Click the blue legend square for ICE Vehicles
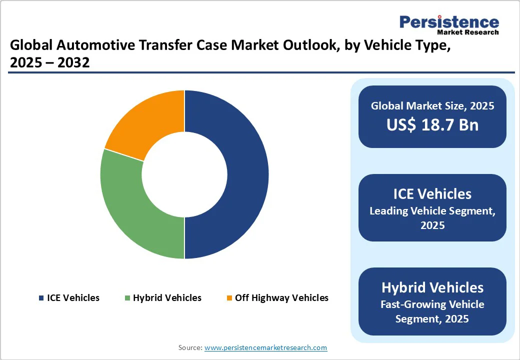point(41,298)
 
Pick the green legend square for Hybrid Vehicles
point(127,298)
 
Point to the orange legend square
point(229,298)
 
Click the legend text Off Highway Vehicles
point(281,298)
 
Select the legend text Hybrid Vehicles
point(167,298)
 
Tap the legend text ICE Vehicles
point(73,298)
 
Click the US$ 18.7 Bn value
point(432,124)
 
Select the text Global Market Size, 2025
point(432,105)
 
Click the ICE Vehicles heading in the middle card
point(432,193)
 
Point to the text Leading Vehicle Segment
point(432,211)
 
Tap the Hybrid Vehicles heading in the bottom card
point(432,287)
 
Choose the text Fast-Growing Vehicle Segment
point(432,311)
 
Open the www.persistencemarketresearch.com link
point(265,347)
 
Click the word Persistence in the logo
point(449,22)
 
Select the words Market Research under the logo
point(467,32)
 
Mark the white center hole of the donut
point(184,174)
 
